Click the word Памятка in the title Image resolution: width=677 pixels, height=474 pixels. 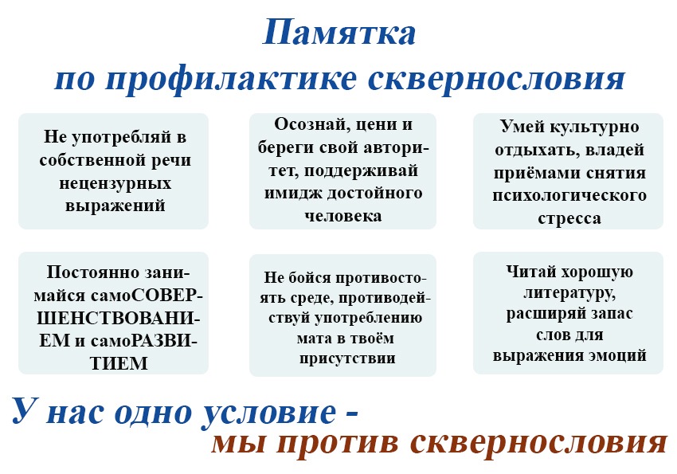point(339,32)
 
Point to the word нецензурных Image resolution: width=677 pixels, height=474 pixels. point(115,183)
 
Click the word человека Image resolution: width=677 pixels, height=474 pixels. point(343,215)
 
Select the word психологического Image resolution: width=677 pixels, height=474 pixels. point(569,195)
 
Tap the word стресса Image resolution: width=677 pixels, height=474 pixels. point(569,218)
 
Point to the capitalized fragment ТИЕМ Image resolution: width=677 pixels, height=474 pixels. point(119,363)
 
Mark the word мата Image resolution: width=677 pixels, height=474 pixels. point(314,338)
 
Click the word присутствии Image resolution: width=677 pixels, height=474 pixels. point(347,358)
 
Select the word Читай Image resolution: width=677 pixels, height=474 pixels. point(529,272)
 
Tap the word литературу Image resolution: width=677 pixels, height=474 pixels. point(569,293)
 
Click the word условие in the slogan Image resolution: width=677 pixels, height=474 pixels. point(269,412)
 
